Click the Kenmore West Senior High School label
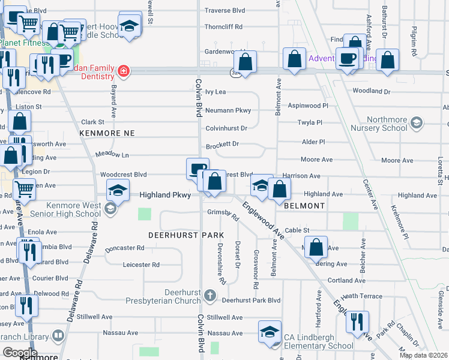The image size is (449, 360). click(63, 209)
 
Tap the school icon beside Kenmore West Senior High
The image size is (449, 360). click(109, 209)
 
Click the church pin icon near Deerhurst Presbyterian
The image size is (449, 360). click(209, 295)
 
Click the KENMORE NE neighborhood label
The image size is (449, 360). click(107, 132)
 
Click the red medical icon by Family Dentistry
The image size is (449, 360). click(123, 71)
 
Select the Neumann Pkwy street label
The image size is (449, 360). click(228, 111)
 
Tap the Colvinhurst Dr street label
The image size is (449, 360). click(226, 128)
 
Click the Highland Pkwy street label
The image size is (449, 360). click(165, 195)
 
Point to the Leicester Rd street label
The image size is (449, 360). click(141, 265)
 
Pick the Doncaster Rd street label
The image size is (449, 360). click(124, 248)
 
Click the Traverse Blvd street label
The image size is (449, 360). click(224, 11)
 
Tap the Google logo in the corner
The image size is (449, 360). click(19, 352)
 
